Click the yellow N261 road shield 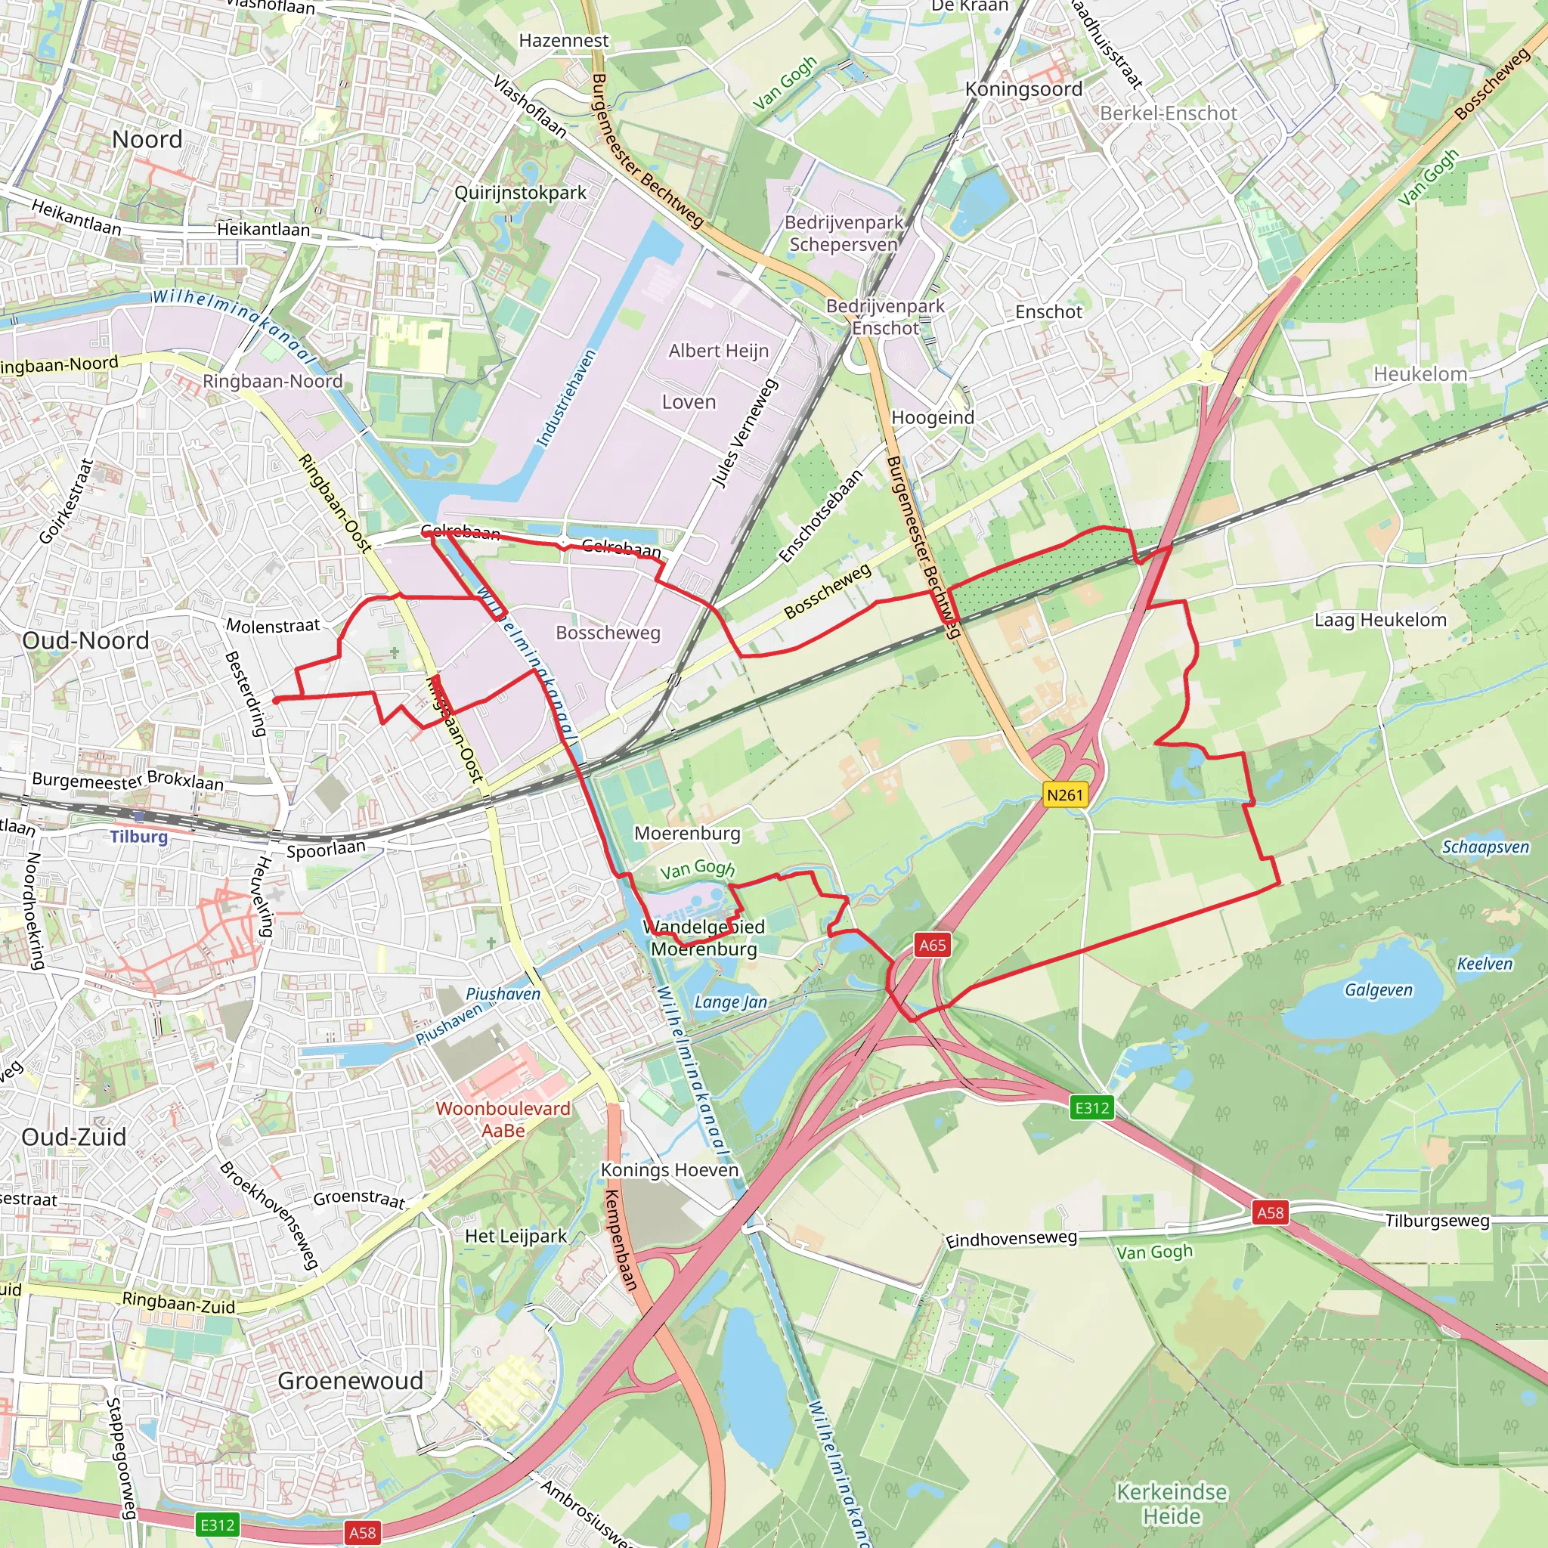[x=1065, y=795]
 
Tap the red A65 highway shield [x=932, y=945]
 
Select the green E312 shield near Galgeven [x=1092, y=1108]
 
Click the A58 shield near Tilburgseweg [x=1270, y=1212]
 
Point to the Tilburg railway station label [x=138, y=837]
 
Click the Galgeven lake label [x=1378, y=989]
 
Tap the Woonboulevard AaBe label [x=503, y=1119]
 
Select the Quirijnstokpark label [x=520, y=192]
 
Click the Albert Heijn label [x=718, y=351]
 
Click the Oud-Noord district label [x=85, y=640]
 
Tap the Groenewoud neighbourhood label [x=350, y=1380]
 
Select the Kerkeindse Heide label [x=1172, y=1504]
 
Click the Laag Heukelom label [x=1379, y=619]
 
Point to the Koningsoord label [x=1023, y=89]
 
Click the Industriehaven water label [x=565, y=398]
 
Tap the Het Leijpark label [x=515, y=1237]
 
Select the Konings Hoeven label [x=669, y=1170]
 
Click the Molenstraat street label [x=272, y=626]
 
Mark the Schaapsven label [x=1485, y=847]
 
